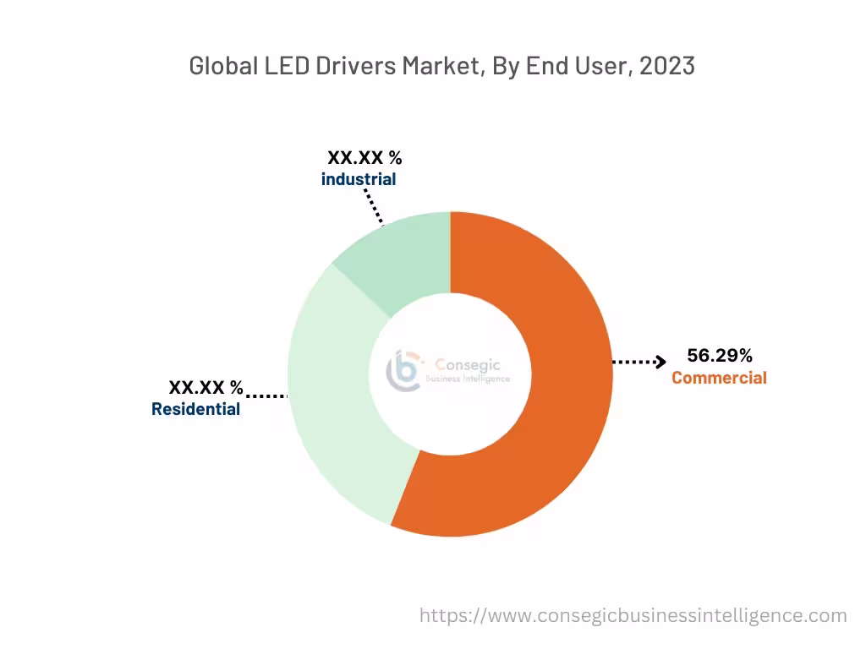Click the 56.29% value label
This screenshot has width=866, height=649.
(719, 355)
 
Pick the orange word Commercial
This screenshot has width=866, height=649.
(719, 378)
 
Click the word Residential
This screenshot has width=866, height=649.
(195, 409)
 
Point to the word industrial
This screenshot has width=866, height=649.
(358, 179)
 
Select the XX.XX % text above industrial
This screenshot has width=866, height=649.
(364, 158)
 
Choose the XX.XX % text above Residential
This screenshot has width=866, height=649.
(206, 388)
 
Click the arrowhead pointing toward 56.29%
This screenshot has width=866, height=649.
(660, 363)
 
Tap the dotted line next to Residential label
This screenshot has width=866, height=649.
(266, 395)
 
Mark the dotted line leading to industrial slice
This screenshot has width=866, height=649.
(374, 207)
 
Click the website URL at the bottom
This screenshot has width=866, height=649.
(633, 615)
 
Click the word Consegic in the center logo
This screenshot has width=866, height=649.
(467, 364)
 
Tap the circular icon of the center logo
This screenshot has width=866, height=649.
(403, 372)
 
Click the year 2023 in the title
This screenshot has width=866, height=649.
(667, 66)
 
